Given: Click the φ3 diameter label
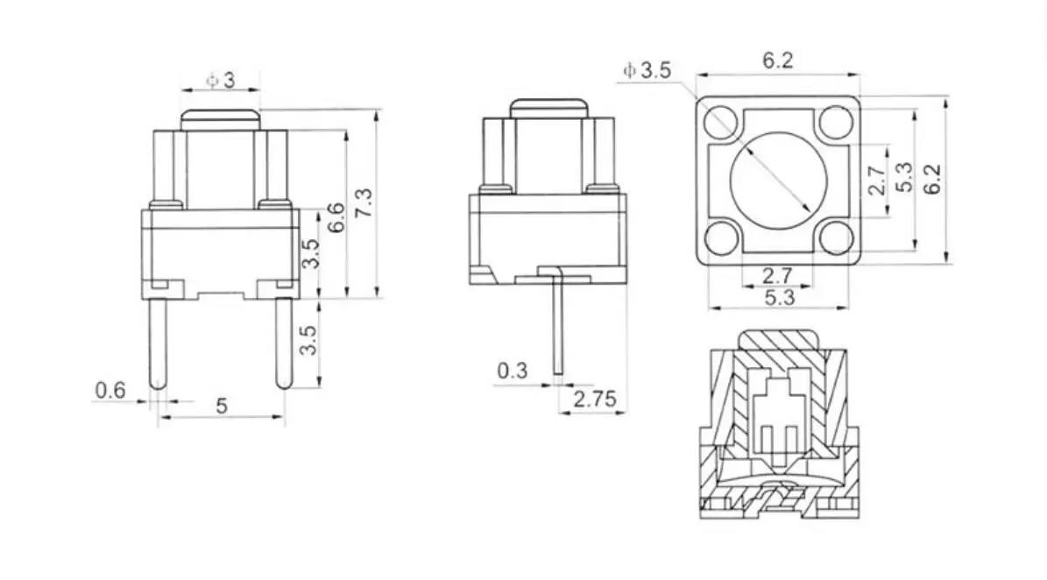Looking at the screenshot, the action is pos(221,81).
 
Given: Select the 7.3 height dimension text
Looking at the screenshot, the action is pos(365,203).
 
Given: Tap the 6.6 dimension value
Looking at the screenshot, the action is pos(336,216).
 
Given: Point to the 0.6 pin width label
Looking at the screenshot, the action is pos(110,391).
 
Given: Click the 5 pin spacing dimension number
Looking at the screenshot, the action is pos(221,406).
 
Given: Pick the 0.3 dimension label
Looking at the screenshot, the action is pos(513,371).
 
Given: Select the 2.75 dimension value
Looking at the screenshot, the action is pos(594,400).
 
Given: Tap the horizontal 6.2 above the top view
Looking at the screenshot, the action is pos(778,60).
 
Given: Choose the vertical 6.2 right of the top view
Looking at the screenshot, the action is pos(934,180).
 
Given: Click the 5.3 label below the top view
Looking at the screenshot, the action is pos(778,298).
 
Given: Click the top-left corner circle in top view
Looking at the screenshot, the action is pos(719,121).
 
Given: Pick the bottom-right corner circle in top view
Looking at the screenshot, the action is pos(836,237).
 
